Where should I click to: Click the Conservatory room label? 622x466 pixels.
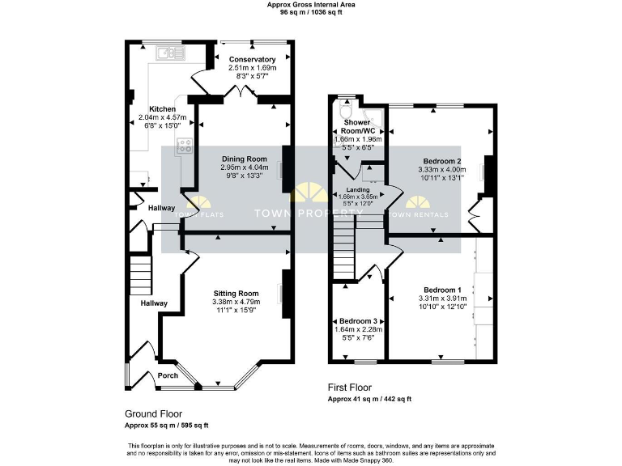point(252,59)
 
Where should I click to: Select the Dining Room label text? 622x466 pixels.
point(244,159)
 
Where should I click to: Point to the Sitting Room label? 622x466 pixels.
point(236,293)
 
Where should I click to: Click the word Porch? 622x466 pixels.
point(168,375)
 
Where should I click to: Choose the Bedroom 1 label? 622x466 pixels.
point(442,290)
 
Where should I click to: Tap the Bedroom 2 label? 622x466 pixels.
point(442,161)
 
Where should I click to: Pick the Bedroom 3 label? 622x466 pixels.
point(358,320)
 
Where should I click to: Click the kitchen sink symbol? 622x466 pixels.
point(169,54)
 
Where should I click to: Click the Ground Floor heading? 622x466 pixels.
point(153,413)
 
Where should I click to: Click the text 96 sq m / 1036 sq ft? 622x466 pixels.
point(310,13)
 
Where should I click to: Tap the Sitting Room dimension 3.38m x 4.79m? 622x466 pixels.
point(236,303)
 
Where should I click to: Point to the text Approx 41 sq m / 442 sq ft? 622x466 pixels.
point(369,399)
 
